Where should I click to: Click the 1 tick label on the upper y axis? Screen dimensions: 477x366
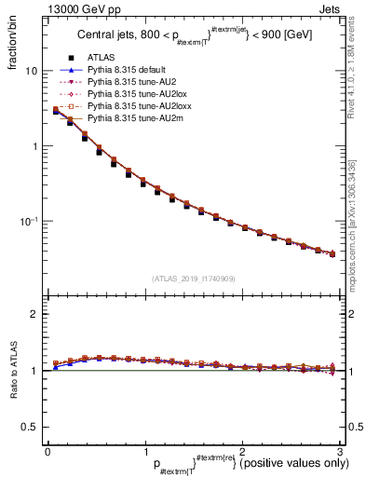[34, 146]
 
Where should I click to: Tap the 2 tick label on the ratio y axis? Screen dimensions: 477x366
[34, 315]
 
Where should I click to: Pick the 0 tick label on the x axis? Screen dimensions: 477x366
[47, 452]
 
